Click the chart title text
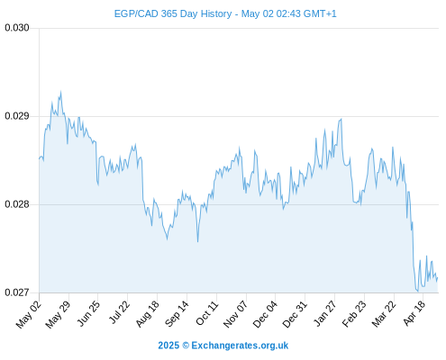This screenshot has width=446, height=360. pos(225,13)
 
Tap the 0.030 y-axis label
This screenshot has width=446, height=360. pos(17,28)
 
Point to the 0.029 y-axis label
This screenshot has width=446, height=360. pos(17,116)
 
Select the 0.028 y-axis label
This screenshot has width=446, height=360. pos(17,204)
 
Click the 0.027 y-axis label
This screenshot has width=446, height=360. pos(17,292)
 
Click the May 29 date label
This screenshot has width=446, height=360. pos(58,314)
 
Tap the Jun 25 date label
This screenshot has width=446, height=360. pos(88,313)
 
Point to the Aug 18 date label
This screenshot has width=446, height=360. pos(148,314)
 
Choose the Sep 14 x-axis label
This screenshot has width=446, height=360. pos(177,314)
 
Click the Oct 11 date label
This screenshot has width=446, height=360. pos(207,313)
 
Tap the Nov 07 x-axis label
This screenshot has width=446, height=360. pos(236,314)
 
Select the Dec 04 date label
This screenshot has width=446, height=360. pos(265,314)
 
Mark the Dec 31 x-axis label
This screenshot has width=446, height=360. pos(295,314)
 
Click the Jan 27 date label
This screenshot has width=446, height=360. pos(325,313)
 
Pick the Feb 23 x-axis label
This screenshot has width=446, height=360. pos(354,314)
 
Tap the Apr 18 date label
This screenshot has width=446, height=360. pos(414,313)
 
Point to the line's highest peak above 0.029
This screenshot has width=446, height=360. pos(61,91)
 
